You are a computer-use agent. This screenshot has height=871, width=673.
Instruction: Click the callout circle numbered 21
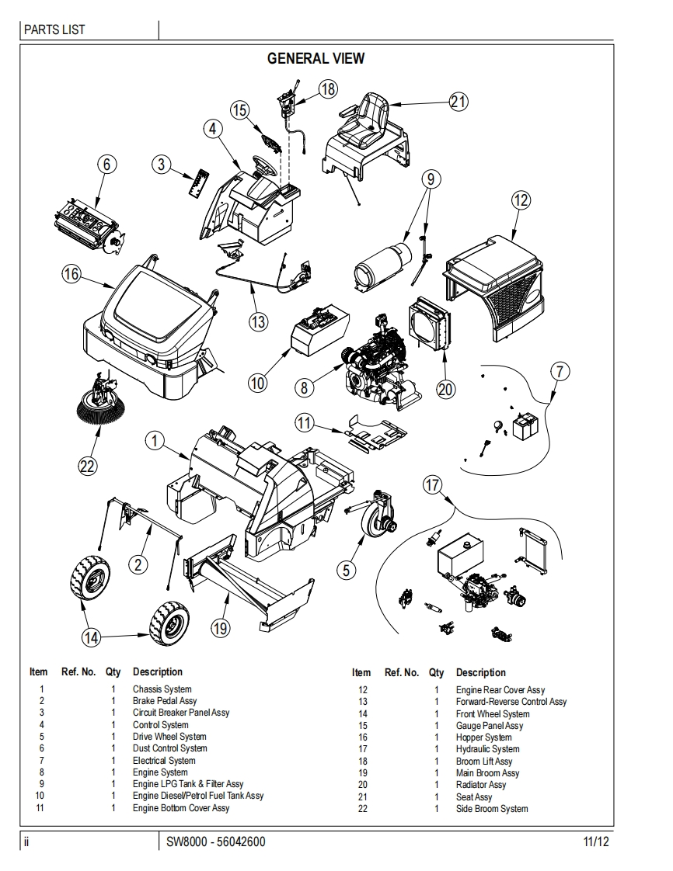point(459,102)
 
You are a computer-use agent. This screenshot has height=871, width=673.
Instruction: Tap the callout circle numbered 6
point(107,164)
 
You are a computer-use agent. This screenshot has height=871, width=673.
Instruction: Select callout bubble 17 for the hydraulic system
point(433,485)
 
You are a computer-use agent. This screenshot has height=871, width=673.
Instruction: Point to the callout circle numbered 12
point(521,200)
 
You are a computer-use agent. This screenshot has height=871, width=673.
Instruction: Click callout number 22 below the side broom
point(87,466)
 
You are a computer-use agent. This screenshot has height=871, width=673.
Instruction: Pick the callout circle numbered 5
point(347,569)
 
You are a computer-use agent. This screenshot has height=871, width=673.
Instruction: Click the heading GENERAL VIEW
point(316,58)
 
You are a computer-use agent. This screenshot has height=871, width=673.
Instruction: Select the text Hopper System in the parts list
point(483,737)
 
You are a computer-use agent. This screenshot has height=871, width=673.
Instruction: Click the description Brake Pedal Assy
point(164,701)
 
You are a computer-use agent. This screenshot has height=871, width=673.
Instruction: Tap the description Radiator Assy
point(480,785)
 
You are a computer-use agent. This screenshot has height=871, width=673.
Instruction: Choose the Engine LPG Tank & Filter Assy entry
point(187,784)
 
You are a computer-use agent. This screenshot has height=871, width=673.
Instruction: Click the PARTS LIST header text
point(54,30)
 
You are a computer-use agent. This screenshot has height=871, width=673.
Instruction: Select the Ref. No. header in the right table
point(401,672)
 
